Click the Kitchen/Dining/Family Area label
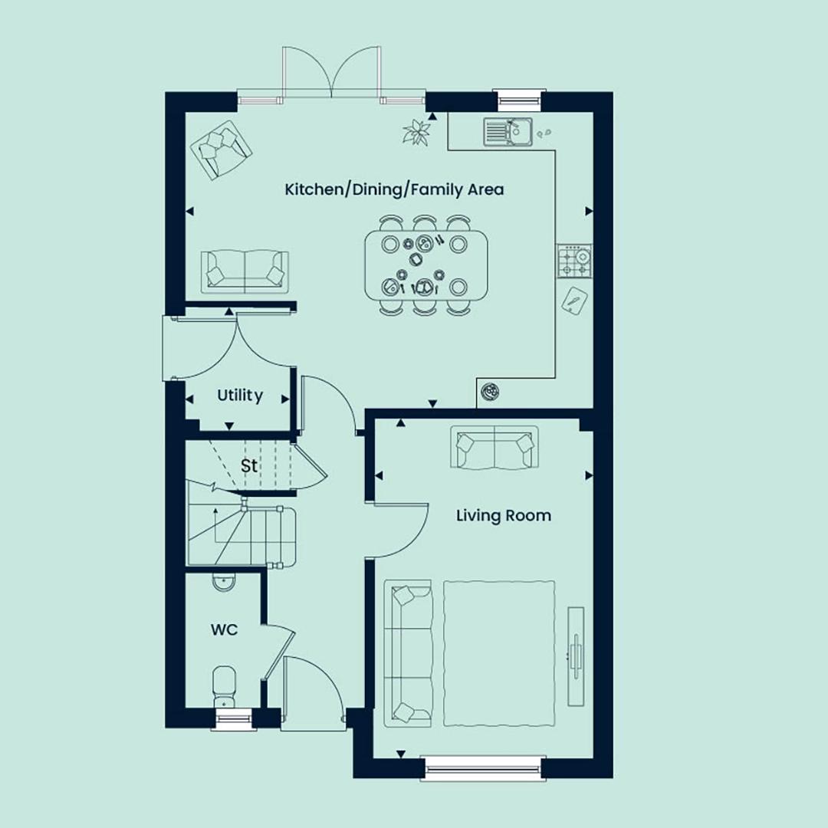[394, 189]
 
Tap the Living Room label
[503, 515]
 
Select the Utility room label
[240, 396]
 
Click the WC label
[224, 630]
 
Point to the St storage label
[249, 466]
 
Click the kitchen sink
[508, 132]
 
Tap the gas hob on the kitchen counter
[574, 261]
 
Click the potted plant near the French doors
[416, 132]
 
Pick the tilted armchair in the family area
[222, 150]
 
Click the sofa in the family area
[245, 272]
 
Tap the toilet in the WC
[225, 686]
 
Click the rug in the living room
[499, 654]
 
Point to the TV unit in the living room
[576, 655]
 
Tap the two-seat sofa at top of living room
[495, 447]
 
